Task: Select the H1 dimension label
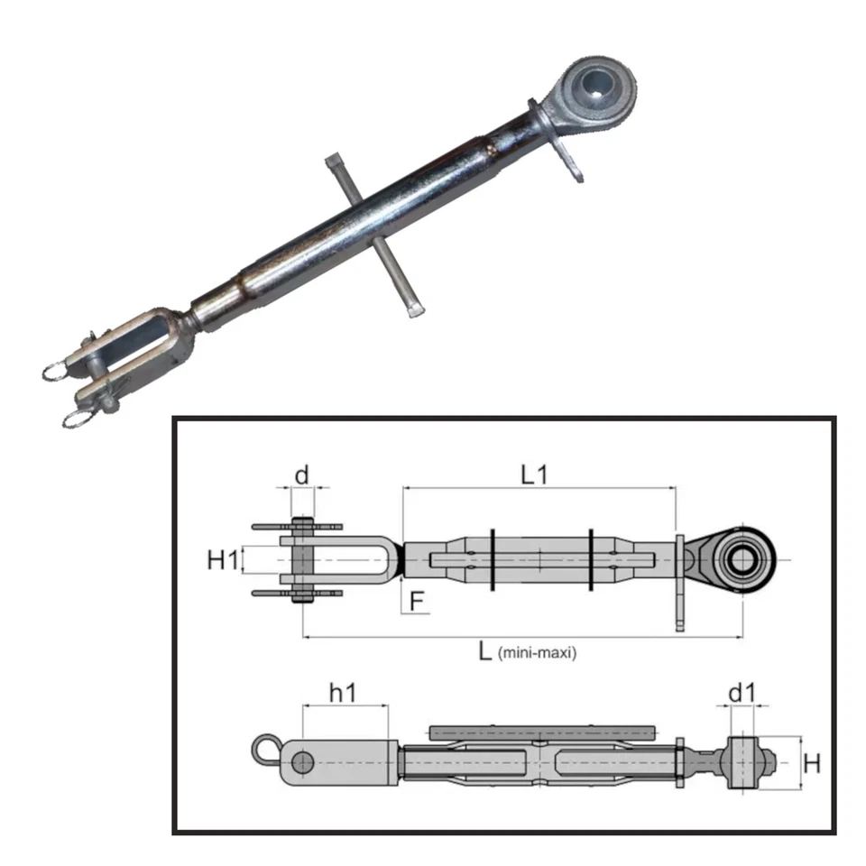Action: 223,560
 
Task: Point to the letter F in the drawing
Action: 417,601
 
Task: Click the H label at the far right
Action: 812,763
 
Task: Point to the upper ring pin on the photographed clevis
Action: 60,370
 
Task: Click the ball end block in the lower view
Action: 742,763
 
